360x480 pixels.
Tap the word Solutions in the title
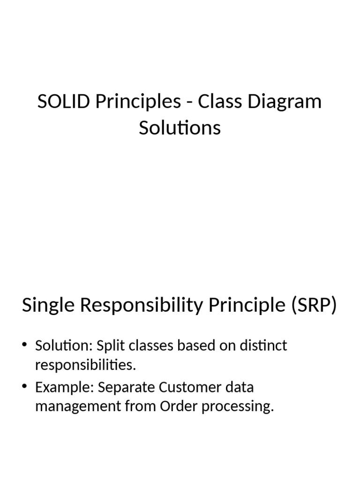pos(180,127)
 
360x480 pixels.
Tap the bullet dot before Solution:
pos(25,346)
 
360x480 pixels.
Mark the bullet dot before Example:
pos(25,388)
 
